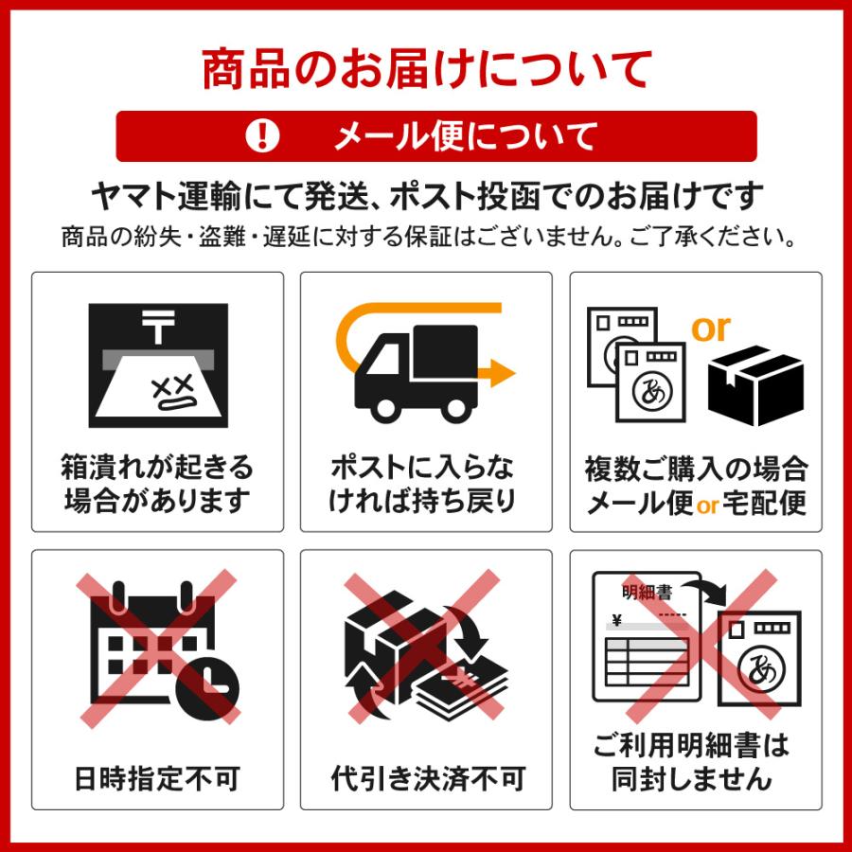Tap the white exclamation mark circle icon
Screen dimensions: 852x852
click(262, 136)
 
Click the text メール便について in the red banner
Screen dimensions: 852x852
click(465, 136)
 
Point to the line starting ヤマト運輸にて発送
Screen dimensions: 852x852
click(426, 197)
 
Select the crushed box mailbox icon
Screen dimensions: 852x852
click(158, 364)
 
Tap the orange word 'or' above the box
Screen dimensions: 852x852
click(710, 328)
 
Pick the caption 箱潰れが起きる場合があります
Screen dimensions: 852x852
click(158, 483)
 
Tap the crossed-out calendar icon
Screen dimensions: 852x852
click(158, 648)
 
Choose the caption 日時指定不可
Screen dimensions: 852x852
click(157, 779)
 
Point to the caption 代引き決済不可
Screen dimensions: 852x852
click(427, 779)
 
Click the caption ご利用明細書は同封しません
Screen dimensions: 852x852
click(695, 763)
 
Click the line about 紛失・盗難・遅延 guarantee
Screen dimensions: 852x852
click(426, 236)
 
